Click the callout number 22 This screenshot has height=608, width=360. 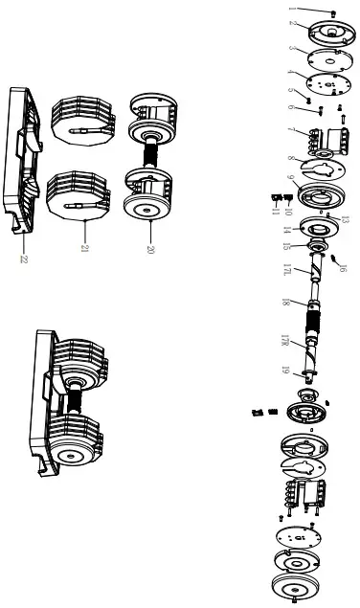point(24,259)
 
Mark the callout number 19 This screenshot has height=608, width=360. point(285,369)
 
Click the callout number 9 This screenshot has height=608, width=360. point(287,178)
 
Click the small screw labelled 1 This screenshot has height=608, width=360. point(331,12)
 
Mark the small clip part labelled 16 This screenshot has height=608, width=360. point(334,258)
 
